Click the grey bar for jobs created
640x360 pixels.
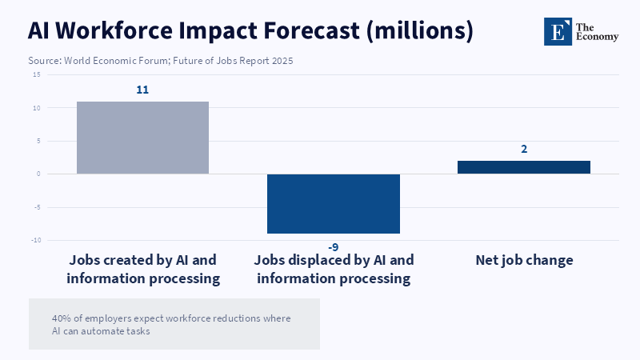142,138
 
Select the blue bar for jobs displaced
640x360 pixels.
334,203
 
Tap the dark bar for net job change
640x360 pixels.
524,167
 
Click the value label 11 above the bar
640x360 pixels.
142,90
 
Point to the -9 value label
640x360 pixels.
334,247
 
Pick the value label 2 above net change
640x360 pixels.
524,149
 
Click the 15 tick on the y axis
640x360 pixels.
36,74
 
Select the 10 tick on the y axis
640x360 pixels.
36,108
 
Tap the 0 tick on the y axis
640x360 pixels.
38,174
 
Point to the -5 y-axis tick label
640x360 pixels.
36,207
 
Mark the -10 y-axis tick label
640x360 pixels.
35,240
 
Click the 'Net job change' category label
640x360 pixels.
524,260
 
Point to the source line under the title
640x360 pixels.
160,61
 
